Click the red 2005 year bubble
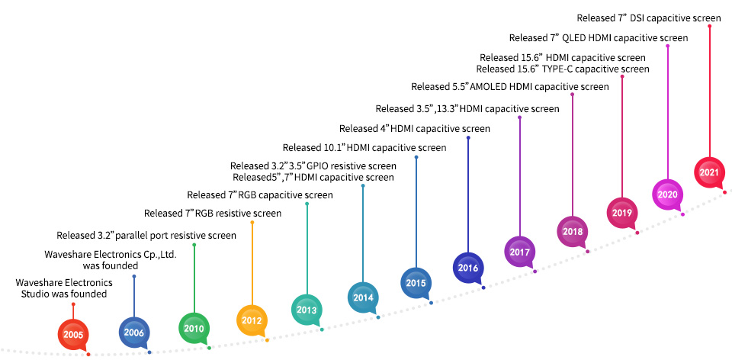(x=73, y=334)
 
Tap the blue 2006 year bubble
(x=134, y=333)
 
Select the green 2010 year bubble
(x=194, y=328)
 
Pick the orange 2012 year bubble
(x=252, y=321)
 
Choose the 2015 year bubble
(x=416, y=283)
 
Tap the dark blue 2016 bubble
(x=468, y=268)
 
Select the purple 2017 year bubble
(x=519, y=252)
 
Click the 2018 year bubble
(x=573, y=232)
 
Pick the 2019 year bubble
(x=622, y=213)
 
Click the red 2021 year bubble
(x=710, y=172)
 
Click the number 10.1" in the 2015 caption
(x=334, y=148)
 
